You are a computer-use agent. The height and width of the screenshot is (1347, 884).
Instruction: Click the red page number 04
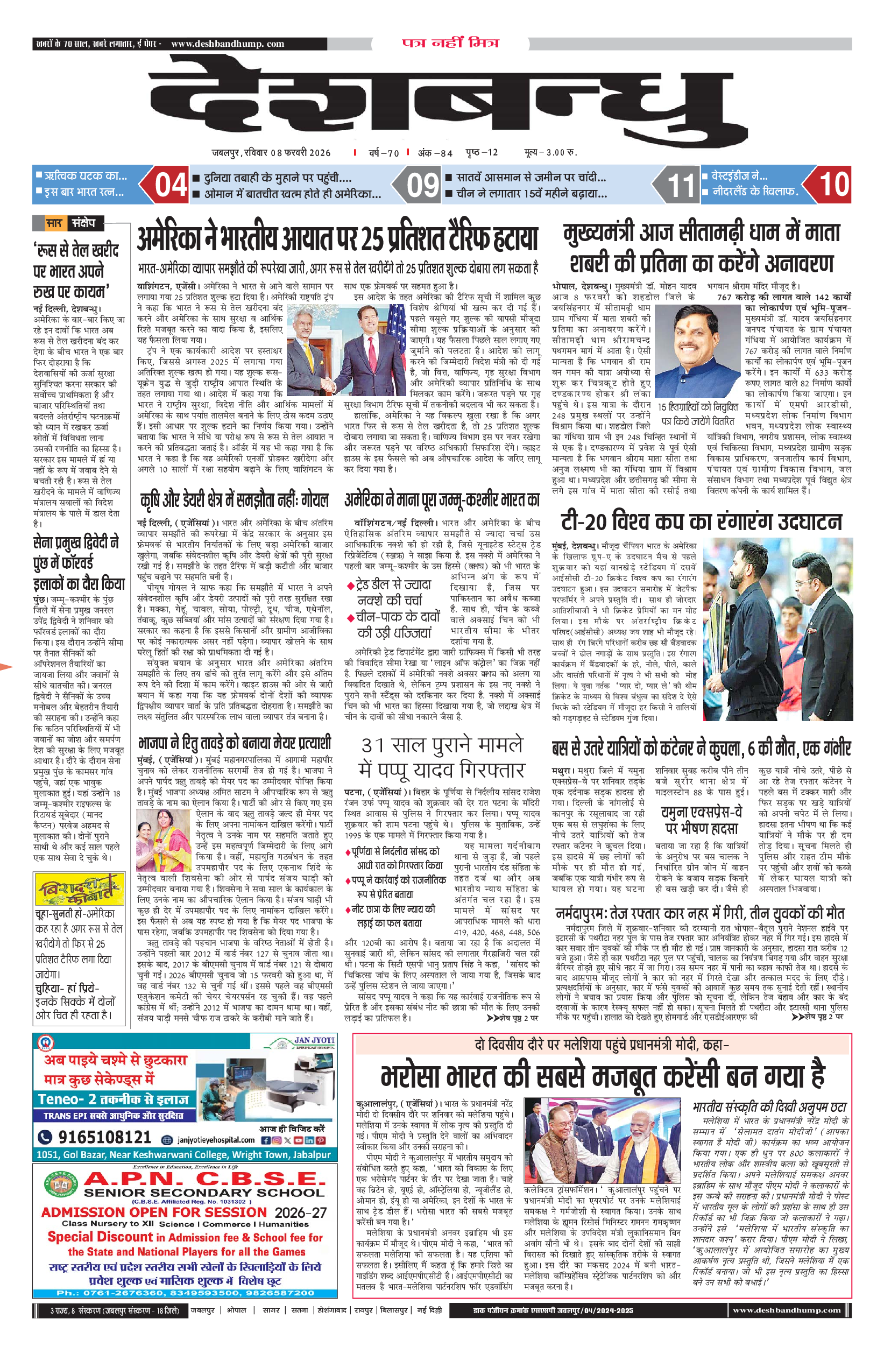pos(171,185)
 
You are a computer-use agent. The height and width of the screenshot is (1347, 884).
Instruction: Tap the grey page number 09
pos(423,185)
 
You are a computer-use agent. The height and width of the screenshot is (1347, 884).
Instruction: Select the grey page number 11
pos(680,185)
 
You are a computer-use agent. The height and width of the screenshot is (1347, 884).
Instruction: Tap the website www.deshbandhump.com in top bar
pos(228,44)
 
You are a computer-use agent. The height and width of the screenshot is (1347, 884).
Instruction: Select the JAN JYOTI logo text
pos(314,1040)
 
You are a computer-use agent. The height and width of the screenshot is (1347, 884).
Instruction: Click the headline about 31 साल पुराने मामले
pos(442,757)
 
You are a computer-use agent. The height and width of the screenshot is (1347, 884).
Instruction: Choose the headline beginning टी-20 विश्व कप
pos(701,521)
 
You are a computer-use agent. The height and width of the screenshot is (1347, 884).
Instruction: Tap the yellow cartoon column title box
pos(78,890)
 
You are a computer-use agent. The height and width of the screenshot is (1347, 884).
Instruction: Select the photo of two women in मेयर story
pos(164,840)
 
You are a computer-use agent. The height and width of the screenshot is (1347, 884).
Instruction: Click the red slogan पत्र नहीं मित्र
pos(450,43)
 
